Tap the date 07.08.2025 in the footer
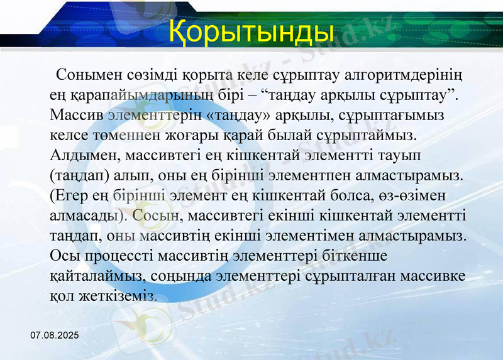(55, 337)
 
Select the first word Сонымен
(85, 76)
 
